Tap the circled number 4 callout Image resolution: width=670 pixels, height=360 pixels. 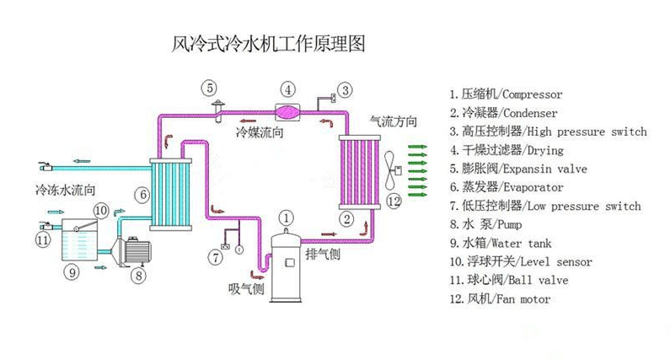287,89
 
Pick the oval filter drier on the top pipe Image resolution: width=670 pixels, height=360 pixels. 287,111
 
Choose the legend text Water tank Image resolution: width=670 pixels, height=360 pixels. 523,244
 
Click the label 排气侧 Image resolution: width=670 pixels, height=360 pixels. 321,253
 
